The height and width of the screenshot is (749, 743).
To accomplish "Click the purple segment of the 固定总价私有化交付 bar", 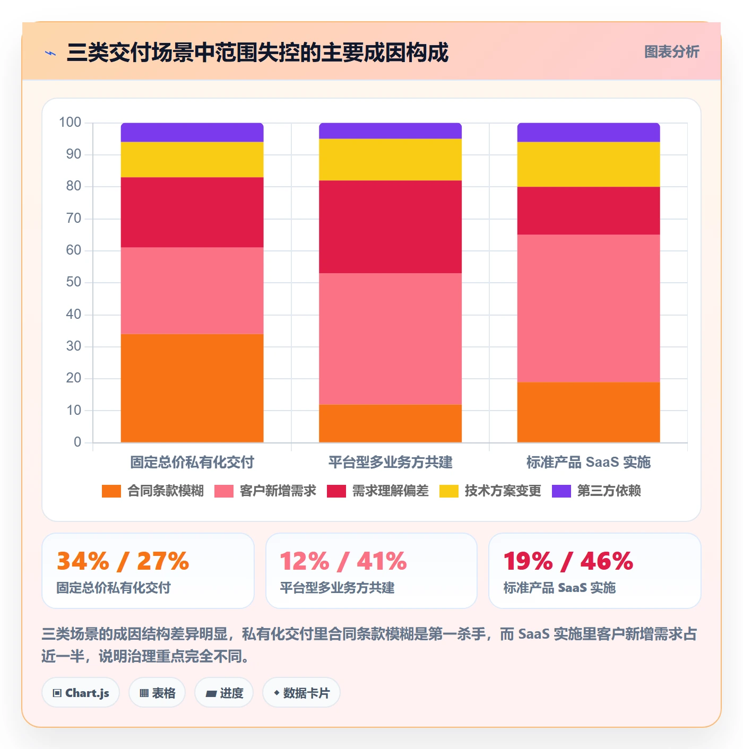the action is click(x=192, y=132).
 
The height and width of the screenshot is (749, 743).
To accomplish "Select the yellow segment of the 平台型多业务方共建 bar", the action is click(x=390, y=159).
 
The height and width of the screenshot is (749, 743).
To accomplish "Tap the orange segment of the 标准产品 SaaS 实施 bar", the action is click(x=588, y=412).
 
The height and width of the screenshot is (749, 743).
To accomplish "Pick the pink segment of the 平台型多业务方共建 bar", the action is click(x=390, y=338).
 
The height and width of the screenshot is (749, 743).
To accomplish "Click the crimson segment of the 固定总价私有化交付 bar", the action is click(x=192, y=212).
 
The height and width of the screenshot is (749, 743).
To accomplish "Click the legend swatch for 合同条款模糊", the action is click(x=111, y=491).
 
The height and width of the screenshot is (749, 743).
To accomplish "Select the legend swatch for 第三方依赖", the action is click(x=561, y=491).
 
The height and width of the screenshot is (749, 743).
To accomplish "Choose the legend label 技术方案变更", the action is click(x=503, y=491).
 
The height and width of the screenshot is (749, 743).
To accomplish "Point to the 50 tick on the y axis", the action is click(x=74, y=282).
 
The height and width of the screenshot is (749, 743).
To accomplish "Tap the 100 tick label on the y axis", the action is click(x=70, y=123).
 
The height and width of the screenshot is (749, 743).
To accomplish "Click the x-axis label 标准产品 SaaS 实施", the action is click(x=588, y=462).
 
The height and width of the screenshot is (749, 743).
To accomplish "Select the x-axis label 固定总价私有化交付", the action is click(x=192, y=462).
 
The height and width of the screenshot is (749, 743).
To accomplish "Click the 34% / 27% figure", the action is click(x=123, y=561).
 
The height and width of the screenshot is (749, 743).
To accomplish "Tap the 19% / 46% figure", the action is click(x=568, y=561).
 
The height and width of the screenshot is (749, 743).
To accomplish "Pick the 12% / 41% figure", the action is click(x=343, y=561).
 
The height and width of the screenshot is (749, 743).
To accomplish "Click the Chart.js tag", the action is click(x=81, y=693).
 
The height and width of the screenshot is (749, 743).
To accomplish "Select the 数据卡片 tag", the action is click(x=301, y=693).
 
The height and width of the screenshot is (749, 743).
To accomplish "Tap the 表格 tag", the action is click(x=157, y=693).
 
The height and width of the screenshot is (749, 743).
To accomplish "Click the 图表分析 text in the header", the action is click(x=671, y=51).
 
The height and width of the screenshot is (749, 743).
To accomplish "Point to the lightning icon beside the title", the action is click(x=50, y=53).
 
